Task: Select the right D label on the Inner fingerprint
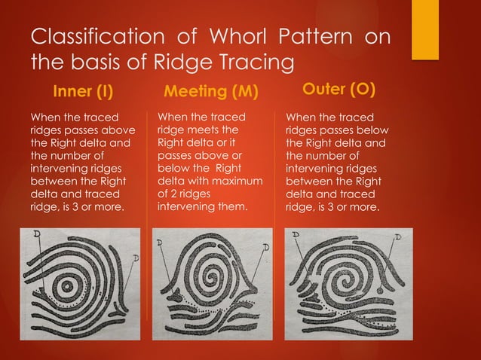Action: (134, 258)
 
